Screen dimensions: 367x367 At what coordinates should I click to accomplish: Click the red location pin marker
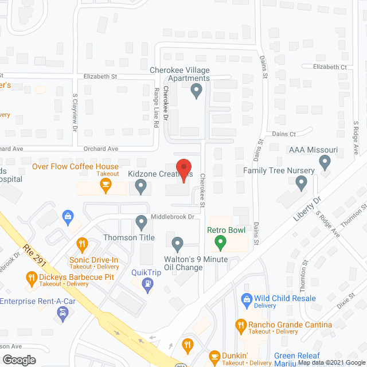(183, 170)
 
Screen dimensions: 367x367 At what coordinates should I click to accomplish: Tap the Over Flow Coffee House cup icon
(105, 184)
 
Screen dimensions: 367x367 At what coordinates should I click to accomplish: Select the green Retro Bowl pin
(219, 244)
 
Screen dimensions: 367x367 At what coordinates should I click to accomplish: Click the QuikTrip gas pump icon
(149, 284)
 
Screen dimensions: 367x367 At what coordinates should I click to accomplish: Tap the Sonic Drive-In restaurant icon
(82, 243)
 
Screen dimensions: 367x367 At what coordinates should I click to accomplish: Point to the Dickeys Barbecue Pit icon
(32, 279)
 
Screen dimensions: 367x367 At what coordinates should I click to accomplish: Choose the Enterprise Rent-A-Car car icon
(62, 313)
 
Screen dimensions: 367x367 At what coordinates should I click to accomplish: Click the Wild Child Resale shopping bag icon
(247, 299)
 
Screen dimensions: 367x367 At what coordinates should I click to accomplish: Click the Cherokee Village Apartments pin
(197, 90)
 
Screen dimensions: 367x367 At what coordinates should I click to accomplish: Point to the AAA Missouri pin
(325, 163)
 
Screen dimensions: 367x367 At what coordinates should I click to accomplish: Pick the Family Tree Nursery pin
(301, 183)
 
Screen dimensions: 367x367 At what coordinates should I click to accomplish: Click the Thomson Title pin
(142, 221)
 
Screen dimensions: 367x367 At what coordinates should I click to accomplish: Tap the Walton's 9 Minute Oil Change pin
(177, 244)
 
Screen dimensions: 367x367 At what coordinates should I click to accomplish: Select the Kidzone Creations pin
(141, 186)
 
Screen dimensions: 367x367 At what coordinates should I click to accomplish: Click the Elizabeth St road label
(100, 76)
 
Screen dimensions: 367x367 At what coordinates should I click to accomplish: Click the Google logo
(19, 360)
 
